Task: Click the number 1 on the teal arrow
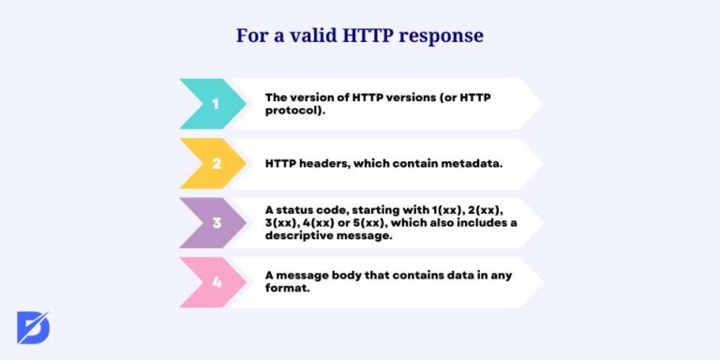click(x=215, y=103)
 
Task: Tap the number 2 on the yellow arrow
click(x=216, y=163)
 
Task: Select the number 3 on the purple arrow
click(x=216, y=223)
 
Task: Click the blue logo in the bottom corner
click(x=34, y=327)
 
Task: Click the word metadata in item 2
click(x=471, y=163)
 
